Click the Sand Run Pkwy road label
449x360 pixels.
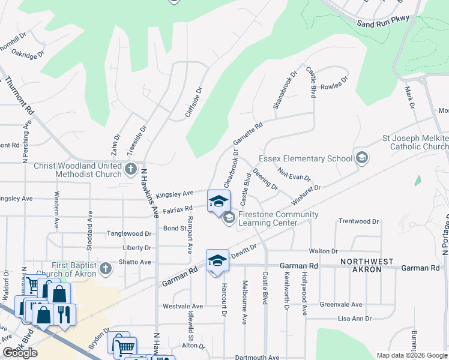coord(382,20)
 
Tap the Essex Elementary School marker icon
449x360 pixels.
coord(361,158)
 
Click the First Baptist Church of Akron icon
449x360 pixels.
coord(105,268)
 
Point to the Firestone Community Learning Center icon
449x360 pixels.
coord(229,218)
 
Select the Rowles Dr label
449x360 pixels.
coord(334,83)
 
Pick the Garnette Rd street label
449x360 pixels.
coord(248,135)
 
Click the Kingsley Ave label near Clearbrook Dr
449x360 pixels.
coord(174,194)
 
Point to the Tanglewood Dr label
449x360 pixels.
coord(128,233)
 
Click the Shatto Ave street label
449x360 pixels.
coord(137,262)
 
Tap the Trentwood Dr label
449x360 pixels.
coord(359,221)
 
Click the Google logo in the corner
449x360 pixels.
coord(20,353)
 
